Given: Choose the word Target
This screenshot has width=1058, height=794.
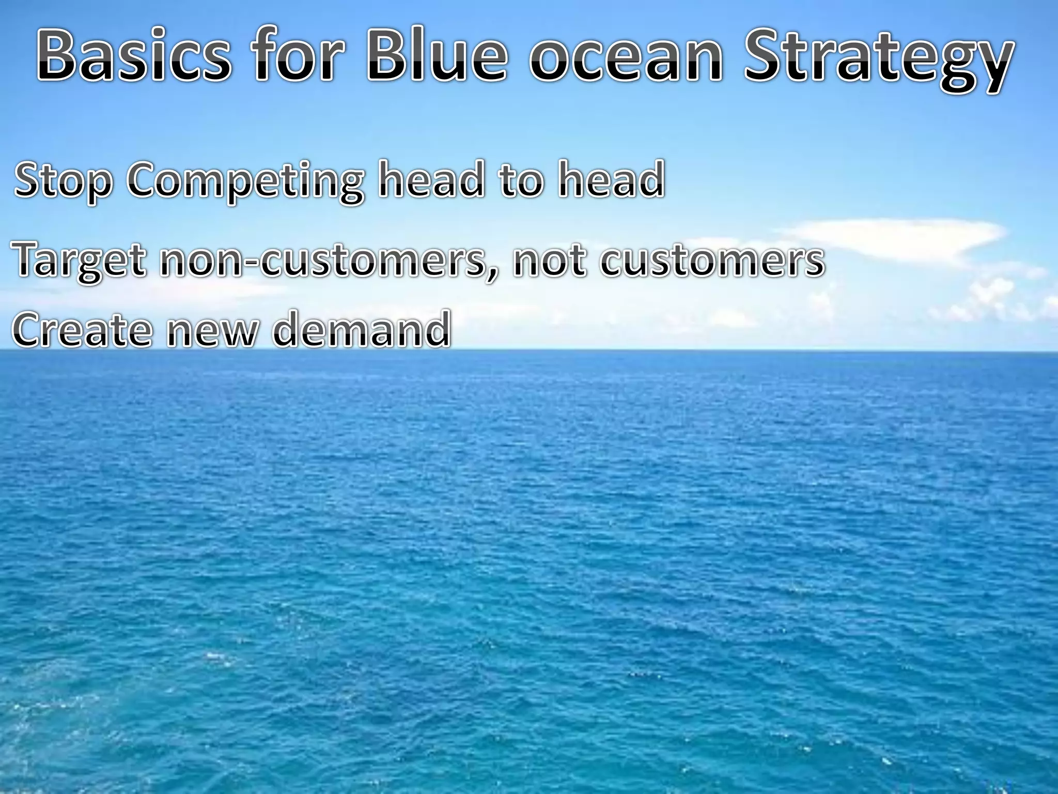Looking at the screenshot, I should [80, 262].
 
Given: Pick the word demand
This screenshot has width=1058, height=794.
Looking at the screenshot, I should [361, 330].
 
